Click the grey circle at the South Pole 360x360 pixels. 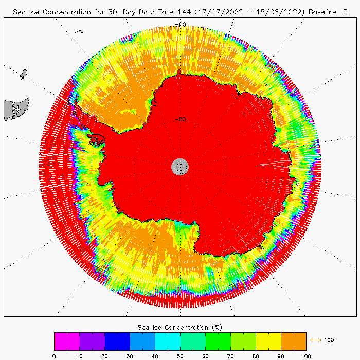tap(180, 166)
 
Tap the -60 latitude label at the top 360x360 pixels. tap(181, 24)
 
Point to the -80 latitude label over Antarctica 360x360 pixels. tap(181, 120)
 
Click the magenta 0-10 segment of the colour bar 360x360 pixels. tap(67, 341)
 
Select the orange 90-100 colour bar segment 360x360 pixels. tap(294, 341)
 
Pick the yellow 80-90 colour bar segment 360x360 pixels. tap(268, 341)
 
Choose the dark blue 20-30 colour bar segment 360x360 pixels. tap(117, 341)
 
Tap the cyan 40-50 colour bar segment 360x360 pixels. tap(168, 341)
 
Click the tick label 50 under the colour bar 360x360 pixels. tap(180, 355)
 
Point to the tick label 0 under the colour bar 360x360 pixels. tap(54, 355)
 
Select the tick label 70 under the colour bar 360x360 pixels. tap(230, 355)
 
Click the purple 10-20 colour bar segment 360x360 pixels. tap(92, 341)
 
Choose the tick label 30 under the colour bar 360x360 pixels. tap(130, 355)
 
